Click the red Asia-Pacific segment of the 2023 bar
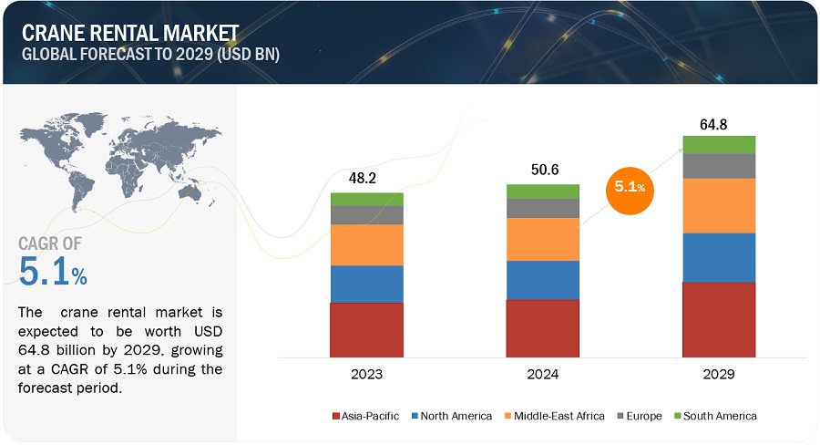[366, 329]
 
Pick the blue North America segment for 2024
[543, 280]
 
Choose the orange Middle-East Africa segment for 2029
[719, 205]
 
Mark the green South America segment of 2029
[719, 144]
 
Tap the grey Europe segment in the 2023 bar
[366, 215]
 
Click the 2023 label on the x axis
[366, 374]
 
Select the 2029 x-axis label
[719, 374]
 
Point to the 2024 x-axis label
[543, 374]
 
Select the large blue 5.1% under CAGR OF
[53, 271]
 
